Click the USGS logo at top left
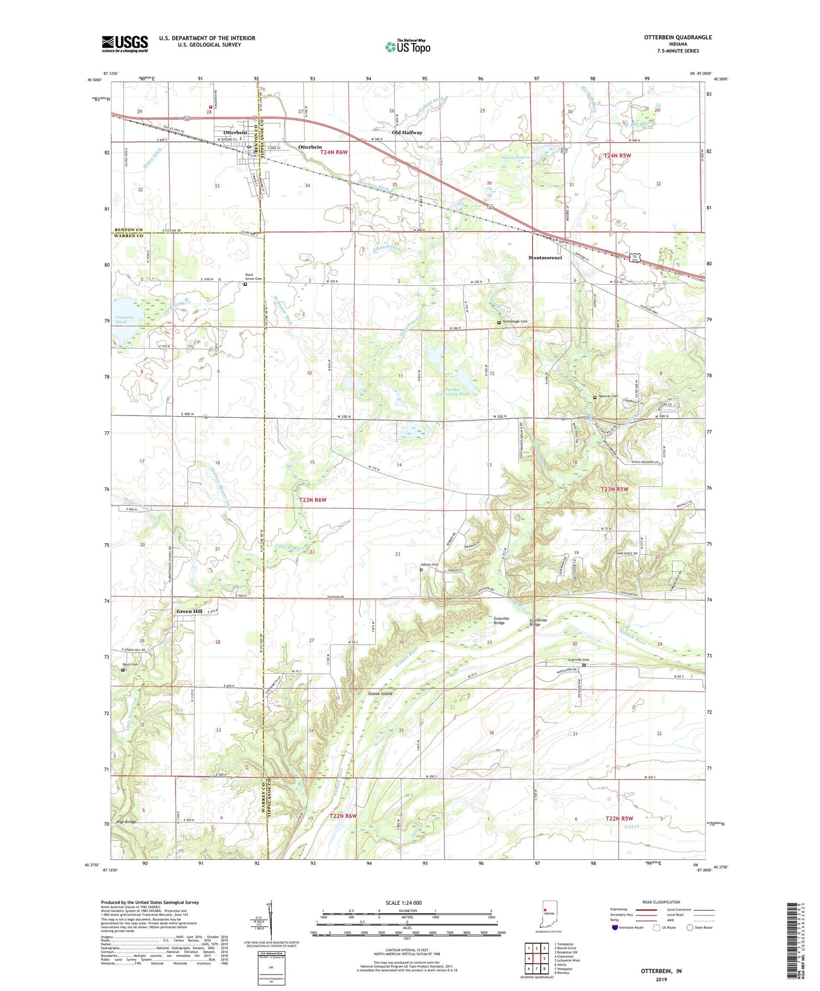pyautogui.click(x=125, y=44)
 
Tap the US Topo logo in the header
pyautogui.click(x=407, y=47)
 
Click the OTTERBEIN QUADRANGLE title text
pyautogui.click(x=678, y=37)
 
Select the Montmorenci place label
pyautogui.click(x=545, y=258)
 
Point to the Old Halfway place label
pyautogui.click(x=407, y=132)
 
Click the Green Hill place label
pyautogui.click(x=189, y=611)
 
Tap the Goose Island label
pyautogui.click(x=380, y=694)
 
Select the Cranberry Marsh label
pyautogui.click(x=124, y=320)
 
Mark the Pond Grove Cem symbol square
pyautogui.click(x=245, y=285)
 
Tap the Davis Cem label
pyautogui.click(x=130, y=664)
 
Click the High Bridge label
pyautogui.click(x=127, y=822)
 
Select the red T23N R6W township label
pyautogui.click(x=313, y=499)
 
